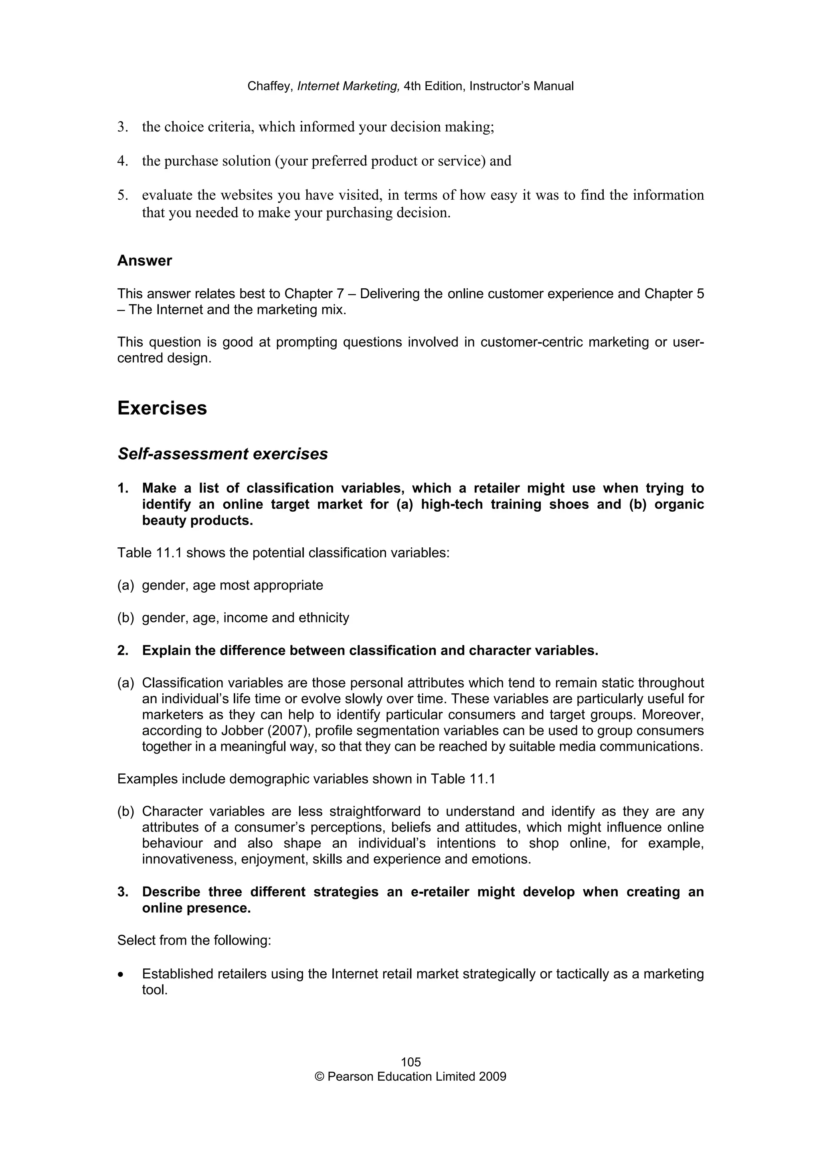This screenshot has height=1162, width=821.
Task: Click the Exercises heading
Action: tap(162, 409)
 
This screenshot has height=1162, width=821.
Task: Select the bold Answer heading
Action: tap(144, 261)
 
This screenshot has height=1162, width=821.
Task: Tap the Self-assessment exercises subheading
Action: tap(222, 454)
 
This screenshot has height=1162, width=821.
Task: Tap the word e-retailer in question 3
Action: tap(440, 892)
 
